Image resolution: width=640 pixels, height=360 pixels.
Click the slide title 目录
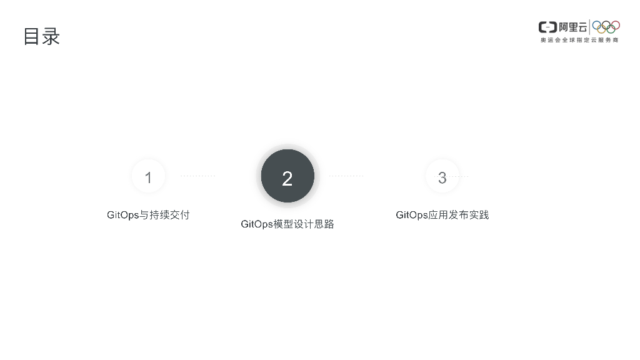click(x=41, y=36)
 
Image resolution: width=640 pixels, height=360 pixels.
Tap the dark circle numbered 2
click(x=287, y=177)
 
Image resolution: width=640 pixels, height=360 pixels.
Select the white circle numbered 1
click(x=148, y=177)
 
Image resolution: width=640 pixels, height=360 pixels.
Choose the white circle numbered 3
click(x=442, y=177)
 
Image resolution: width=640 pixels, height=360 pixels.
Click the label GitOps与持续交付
click(x=148, y=215)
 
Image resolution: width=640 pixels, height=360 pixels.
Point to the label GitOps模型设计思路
click(x=287, y=224)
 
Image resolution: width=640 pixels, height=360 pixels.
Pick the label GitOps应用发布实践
click(x=442, y=215)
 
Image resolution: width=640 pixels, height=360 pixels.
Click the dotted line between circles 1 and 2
click(x=197, y=176)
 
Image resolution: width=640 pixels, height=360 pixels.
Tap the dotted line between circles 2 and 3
click(x=346, y=176)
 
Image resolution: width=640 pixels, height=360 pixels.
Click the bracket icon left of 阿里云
click(x=547, y=27)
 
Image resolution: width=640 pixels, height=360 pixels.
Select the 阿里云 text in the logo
click(x=573, y=27)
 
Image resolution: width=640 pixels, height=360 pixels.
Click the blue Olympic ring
click(x=597, y=25)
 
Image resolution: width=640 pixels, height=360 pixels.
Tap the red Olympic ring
click(x=616, y=25)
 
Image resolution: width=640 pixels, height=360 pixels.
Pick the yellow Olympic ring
click(x=601, y=29)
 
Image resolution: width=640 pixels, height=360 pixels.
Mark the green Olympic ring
click(x=611, y=29)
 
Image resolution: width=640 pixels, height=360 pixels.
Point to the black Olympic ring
click(x=606, y=24)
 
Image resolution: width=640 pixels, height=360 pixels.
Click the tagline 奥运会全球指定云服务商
click(x=579, y=40)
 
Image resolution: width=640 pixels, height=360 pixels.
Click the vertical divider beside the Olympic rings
click(x=590, y=27)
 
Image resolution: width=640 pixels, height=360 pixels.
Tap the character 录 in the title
click(x=51, y=36)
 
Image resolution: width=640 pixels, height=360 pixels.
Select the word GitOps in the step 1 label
click(x=123, y=215)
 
